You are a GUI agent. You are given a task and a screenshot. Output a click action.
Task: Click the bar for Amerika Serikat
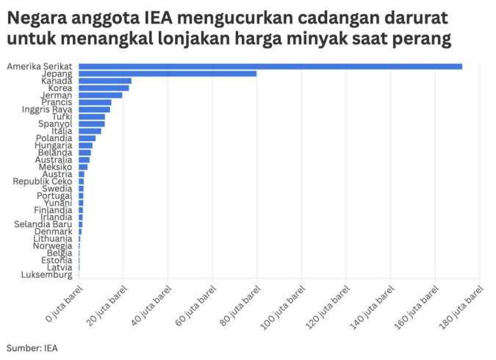(x=270, y=67)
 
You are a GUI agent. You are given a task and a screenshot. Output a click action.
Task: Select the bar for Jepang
(x=168, y=73)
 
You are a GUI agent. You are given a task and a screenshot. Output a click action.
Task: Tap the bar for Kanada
(x=105, y=81)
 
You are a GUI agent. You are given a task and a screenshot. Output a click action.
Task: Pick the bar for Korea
(x=104, y=88)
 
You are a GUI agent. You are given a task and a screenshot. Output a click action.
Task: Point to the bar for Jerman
(x=101, y=95)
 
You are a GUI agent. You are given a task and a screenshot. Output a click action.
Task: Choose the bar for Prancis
(x=95, y=102)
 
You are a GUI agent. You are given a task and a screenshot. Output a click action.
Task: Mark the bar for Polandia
(x=87, y=138)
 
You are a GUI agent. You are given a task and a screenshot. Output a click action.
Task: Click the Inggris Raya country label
(x=47, y=109)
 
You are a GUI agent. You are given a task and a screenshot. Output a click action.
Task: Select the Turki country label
(x=62, y=117)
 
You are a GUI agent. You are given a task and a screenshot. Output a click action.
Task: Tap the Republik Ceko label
(x=41, y=181)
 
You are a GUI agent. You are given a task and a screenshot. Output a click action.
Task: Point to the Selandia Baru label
(x=43, y=224)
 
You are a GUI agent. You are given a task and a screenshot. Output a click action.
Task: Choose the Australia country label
(x=54, y=159)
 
